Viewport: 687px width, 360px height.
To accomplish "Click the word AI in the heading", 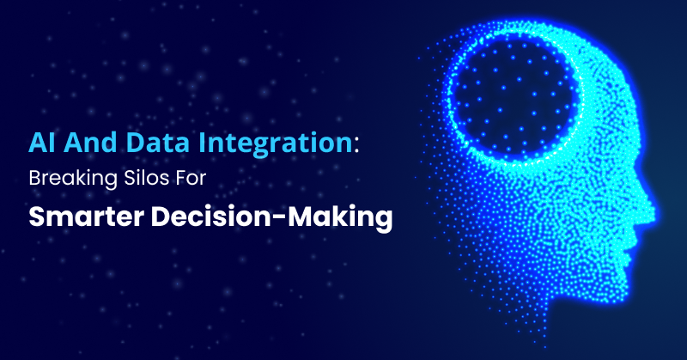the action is tap(42, 143).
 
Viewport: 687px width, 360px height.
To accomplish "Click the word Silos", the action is tap(145, 179).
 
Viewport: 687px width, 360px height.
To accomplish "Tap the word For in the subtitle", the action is tap(190, 179).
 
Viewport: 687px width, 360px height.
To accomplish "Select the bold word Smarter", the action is tap(87, 217).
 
